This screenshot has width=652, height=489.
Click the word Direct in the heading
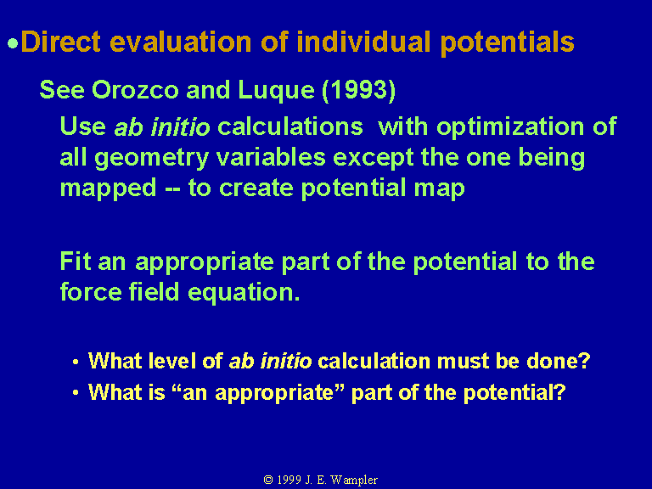click(x=61, y=42)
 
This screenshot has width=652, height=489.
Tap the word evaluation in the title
click(x=181, y=42)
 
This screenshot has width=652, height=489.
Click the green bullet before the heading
click(x=13, y=43)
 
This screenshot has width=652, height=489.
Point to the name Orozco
click(x=135, y=89)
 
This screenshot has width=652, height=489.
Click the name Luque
click(x=276, y=90)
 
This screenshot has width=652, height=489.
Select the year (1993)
click(x=358, y=90)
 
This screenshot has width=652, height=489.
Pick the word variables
click(x=271, y=158)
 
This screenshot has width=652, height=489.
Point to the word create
click(x=256, y=188)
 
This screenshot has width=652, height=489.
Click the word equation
click(x=244, y=293)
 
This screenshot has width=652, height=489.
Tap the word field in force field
click(x=154, y=291)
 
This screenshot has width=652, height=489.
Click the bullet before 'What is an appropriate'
click(x=76, y=392)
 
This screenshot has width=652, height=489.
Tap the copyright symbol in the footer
click(x=268, y=480)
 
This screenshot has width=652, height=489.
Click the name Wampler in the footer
click(x=353, y=481)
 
